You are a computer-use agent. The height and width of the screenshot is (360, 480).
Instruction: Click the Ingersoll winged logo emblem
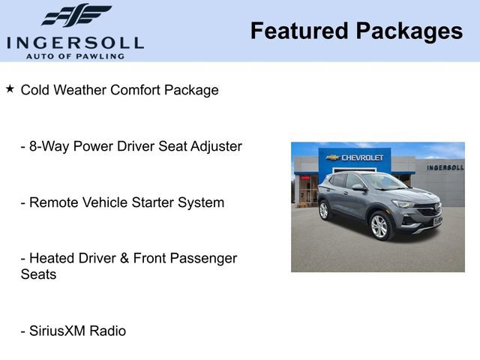(75, 16)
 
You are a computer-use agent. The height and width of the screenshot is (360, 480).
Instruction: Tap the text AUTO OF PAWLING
(74, 55)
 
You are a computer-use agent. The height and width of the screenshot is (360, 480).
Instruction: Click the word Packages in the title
(409, 31)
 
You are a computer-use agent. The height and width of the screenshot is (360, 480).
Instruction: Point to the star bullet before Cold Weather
(10, 88)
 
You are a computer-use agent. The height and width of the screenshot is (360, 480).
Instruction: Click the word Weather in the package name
(81, 90)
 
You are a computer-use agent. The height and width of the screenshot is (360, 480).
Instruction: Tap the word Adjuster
(216, 146)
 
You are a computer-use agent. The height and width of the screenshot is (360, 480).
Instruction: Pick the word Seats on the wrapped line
(38, 274)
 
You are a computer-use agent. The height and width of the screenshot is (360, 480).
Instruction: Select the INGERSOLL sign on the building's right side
(445, 167)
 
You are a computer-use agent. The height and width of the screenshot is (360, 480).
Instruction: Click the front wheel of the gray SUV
(379, 226)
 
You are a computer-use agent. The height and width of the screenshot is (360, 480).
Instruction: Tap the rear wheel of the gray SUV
(324, 211)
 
